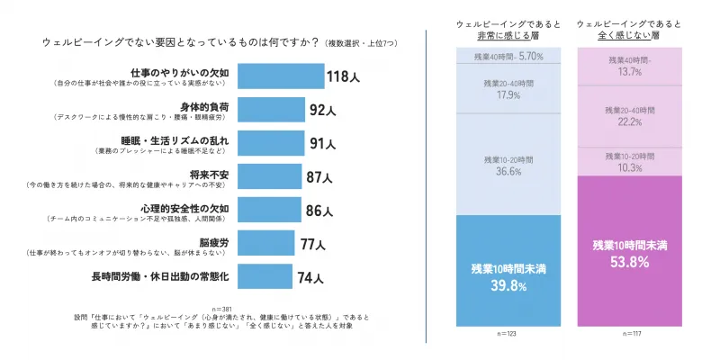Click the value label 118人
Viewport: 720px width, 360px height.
[343, 77]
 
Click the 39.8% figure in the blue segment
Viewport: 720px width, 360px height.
[502, 287]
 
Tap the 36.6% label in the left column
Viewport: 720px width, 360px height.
[502, 171]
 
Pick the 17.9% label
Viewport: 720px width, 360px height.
[502, 96]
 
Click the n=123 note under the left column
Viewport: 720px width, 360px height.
[502, 334]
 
